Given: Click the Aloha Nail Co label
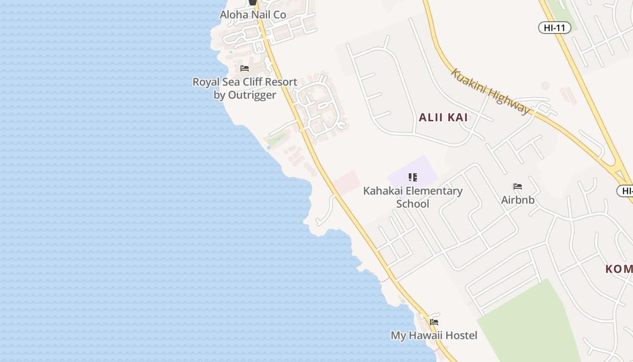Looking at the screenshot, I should [x=253, y=15].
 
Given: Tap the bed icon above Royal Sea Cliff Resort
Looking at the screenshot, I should [x=245, y=68].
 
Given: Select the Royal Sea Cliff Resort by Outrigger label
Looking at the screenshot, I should [x=245, y=88].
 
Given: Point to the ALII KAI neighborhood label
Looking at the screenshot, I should [x=443, y=118].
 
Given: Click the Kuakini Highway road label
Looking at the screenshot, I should [x=491, y=92].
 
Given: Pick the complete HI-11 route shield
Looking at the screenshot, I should [x=554, y=28].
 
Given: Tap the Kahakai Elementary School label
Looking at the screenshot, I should [x=413, y=197].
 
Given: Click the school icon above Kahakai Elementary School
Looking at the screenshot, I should [x=412, y=177].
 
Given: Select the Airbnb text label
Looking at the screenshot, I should [x=518, y=200].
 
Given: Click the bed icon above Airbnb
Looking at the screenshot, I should [x=518, y=186].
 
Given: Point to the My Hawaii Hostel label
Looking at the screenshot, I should [x=434, y=335].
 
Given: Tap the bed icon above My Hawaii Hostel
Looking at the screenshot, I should [x=434, y=322].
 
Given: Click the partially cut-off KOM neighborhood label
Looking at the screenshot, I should [x=619, y=269].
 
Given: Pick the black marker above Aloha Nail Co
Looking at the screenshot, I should [x=253, y=3].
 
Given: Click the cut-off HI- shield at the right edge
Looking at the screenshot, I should [x=626, y=191].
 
